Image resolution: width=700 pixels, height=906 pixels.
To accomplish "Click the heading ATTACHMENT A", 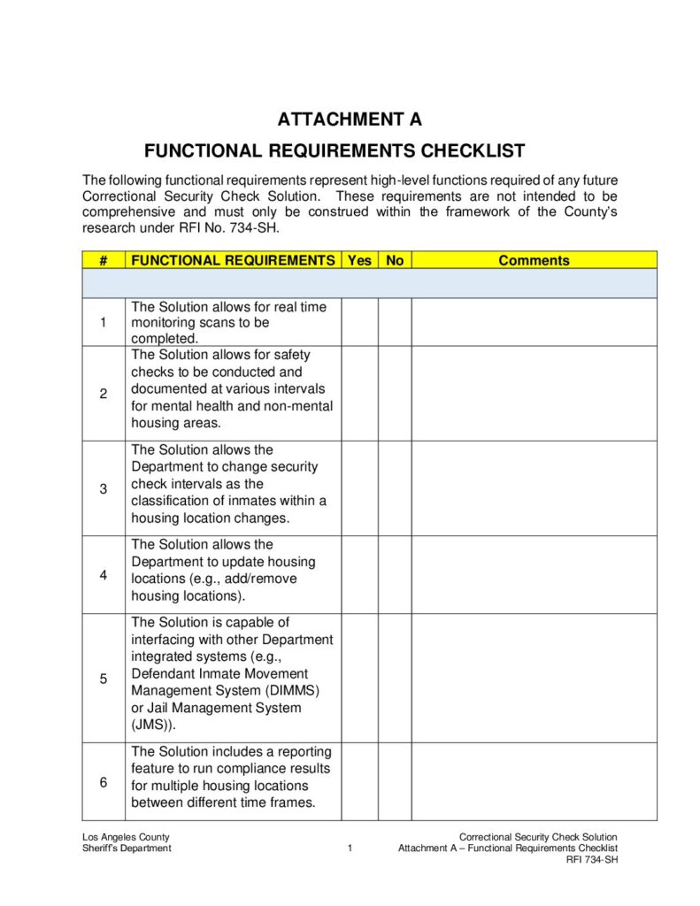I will (350, 119).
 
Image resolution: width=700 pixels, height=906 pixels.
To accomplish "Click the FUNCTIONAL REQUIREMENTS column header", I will (233, 260).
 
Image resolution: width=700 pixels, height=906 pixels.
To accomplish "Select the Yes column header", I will (359, 260).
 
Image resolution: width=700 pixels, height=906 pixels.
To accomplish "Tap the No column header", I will (395, 260).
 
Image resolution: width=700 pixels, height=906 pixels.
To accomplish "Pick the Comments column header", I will (534, 260).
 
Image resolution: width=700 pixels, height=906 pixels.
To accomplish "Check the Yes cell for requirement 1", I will (359, 322).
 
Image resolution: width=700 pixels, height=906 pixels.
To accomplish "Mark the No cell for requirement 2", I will (395, 393).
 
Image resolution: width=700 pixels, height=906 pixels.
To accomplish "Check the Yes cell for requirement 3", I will (359, 488).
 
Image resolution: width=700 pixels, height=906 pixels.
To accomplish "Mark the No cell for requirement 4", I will (395, 574).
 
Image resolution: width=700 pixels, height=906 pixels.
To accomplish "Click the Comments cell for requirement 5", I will (534, 678).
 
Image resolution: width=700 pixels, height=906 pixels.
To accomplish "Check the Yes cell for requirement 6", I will (359, 781).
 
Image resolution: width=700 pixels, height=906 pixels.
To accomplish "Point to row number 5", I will (104, 679).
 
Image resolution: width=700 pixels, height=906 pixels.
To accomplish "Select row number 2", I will (104, 394).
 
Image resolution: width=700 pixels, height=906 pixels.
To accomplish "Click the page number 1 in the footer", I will (350, 848).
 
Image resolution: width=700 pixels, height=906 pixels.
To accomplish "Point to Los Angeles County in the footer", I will (126, 837).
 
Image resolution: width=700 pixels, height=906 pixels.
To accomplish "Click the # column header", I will (104, 260).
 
